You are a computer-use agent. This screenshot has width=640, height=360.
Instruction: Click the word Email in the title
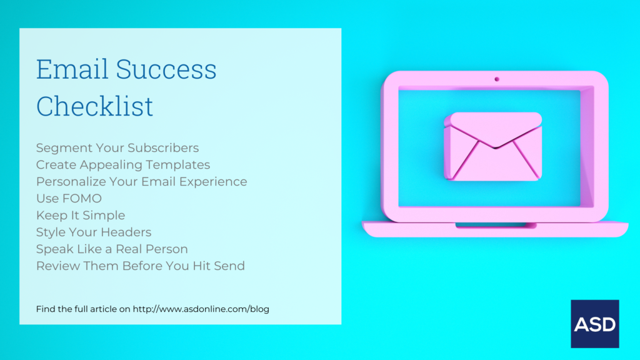72,69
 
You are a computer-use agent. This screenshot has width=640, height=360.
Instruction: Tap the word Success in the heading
166,69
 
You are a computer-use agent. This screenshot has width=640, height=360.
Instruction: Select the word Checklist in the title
95,106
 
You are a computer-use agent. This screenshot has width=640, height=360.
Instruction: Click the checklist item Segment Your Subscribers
117,147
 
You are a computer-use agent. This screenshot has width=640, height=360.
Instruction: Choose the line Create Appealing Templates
123,164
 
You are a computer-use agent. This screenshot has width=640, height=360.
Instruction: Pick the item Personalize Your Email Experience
142,181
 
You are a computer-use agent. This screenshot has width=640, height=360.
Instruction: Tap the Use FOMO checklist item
69,198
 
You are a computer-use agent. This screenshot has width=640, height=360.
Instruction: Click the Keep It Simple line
81,215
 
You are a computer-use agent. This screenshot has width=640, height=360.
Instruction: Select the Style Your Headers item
94,232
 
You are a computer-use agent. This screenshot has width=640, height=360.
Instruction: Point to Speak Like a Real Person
112,249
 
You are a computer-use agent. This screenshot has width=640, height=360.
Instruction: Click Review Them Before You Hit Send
141,266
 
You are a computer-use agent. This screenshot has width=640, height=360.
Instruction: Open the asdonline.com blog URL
201,309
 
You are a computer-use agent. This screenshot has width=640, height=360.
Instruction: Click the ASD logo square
595,324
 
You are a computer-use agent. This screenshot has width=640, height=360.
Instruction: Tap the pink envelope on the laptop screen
492,146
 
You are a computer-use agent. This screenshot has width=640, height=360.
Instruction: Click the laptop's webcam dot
497,79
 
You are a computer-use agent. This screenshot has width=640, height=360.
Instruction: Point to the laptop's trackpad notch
496,225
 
